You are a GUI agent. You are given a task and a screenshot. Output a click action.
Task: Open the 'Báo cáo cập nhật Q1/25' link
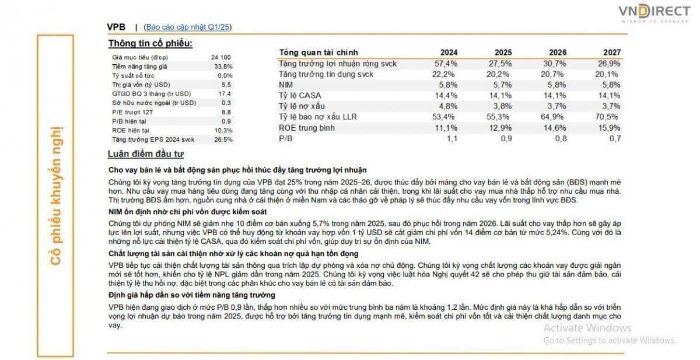[188, 27]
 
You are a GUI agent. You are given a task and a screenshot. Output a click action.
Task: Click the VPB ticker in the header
[116, 27]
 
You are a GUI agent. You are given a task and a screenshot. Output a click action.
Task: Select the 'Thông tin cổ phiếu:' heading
[150, 43]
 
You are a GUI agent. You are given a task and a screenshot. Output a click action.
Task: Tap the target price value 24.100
[221, 58]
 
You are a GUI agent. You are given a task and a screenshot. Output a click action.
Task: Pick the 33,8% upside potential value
[223, 67]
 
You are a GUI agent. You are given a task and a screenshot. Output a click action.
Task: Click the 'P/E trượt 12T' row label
[132, 112]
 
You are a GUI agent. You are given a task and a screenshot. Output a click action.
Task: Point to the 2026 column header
[558, 53]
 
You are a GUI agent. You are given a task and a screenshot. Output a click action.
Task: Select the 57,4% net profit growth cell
[446, 64]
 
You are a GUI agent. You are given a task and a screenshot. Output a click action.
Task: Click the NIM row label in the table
[286, 85]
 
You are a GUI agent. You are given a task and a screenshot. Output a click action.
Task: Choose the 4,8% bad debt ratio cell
[448, 106]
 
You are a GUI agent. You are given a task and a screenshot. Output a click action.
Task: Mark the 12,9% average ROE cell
[501, 128]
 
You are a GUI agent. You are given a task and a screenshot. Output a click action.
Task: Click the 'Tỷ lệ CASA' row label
[300, 96]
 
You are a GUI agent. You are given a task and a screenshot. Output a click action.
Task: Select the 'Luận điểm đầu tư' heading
[146, 154]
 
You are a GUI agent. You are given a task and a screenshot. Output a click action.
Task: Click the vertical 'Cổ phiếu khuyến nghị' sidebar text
[55, 196]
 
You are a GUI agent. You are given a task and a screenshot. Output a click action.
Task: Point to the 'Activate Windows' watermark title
[587, 328]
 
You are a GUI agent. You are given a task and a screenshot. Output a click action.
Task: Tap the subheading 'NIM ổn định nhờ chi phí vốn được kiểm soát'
[187, 212]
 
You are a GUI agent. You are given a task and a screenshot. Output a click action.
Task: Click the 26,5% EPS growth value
[223, 139]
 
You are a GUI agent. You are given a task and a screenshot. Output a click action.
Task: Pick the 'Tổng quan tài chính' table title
[318, 53]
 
